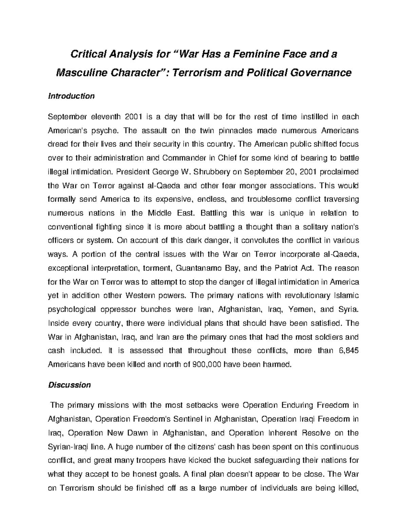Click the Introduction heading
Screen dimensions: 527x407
(x=71, y=96)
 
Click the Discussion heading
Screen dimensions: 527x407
(x=70, y=385)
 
